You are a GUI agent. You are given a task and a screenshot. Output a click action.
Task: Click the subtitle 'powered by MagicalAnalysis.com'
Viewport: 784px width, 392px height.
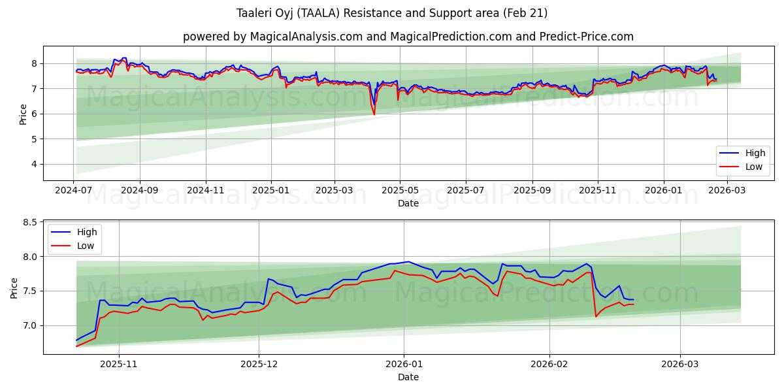tap(408, 37)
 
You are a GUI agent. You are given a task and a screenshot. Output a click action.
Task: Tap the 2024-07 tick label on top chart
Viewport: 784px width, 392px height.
tap(73, 190)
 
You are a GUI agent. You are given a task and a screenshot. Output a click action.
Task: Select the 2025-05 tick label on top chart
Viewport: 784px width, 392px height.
tap(399, 190)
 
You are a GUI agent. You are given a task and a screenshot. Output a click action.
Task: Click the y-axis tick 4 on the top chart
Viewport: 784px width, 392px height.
tap(35, 165)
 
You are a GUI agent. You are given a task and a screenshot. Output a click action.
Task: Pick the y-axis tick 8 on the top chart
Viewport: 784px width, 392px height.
tap(35, 63)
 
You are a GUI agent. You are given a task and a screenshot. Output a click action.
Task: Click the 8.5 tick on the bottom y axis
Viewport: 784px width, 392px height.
tap(29, 223)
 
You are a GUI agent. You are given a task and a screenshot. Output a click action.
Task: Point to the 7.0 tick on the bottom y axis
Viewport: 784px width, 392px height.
tap(29, 325)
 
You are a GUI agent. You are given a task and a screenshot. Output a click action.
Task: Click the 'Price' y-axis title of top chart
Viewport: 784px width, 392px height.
tap(24, 114)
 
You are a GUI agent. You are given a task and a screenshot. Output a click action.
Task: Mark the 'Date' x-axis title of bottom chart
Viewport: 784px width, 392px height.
tap(408, 377)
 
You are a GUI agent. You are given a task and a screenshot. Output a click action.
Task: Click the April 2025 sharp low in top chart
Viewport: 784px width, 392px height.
tap(374, 114)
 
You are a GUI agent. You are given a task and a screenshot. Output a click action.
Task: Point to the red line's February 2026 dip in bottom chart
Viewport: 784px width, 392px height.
tap(596, 316)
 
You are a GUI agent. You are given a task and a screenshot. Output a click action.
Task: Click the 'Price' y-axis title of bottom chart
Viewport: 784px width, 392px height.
tap(14, 287)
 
